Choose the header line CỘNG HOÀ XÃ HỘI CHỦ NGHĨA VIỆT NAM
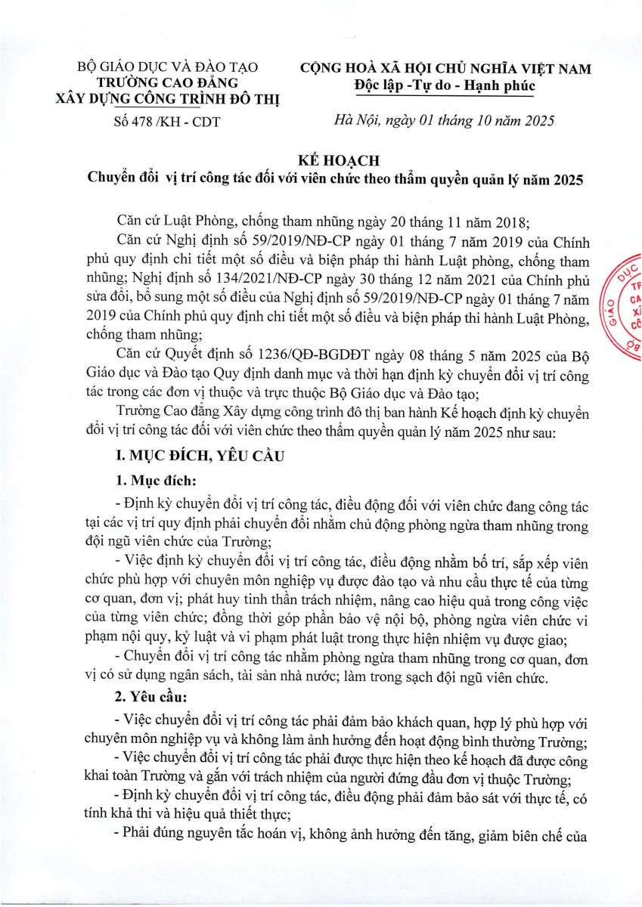pos(445,68)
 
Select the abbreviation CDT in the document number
pos(203,121)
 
